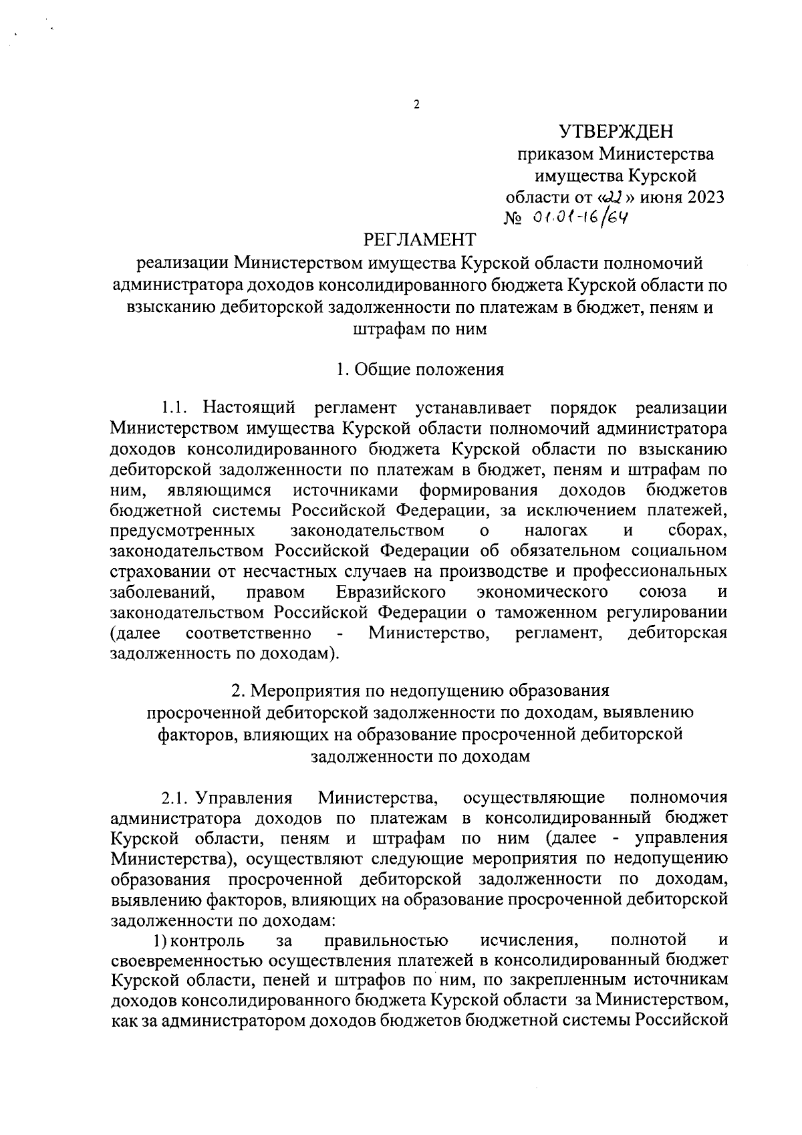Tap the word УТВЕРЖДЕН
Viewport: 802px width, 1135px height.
[x=616, y=130]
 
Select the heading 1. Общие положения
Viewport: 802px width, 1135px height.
[x=420, y=370]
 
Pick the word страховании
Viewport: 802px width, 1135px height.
[x=160, y=572]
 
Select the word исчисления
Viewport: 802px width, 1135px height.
[x=529, y=941]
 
